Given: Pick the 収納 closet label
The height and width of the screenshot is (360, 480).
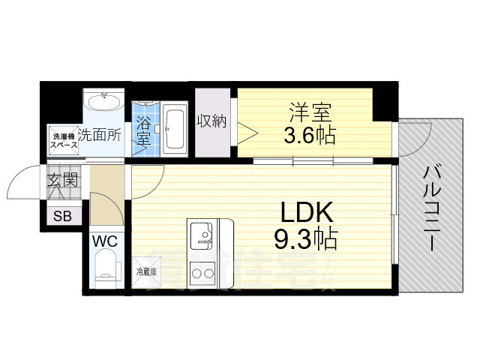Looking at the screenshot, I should [x=212, y=121].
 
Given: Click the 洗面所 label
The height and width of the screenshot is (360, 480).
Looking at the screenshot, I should [x=100, y=136].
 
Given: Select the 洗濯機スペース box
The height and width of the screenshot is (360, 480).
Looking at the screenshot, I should [x=63, y=139].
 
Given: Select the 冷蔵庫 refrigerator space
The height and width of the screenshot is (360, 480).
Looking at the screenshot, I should [x=146, y=272].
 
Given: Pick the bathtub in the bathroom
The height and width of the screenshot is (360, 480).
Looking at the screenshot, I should [x=175, y=128].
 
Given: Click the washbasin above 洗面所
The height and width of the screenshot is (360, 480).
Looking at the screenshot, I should [x=104, y=103].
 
